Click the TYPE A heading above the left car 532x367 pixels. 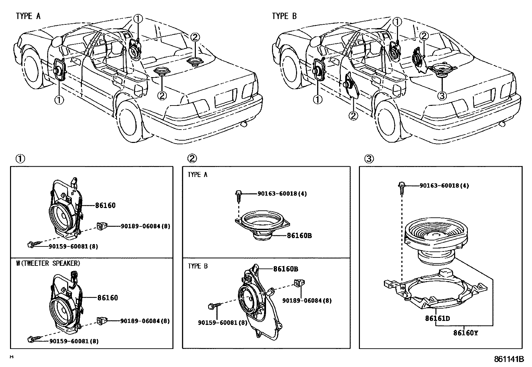pos(28,16)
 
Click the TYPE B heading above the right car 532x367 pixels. pos(284,16)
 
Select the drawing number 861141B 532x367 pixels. pos(509,360)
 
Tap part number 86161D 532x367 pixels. pos(437,318)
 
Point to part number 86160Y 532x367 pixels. pos(465,333)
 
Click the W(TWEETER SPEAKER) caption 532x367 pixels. pos(48,263)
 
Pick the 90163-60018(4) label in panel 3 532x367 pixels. pos(444,186)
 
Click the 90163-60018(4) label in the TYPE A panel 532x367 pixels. pos(282,194)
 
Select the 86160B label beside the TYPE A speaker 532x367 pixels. pos(299,235)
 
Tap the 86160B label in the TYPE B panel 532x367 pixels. pos(286,269)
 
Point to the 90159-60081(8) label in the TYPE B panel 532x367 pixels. pos(223,323)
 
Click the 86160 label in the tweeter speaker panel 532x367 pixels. pos(108,298)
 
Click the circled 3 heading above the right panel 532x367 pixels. pos(369,159)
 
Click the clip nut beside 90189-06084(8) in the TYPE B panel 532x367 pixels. pos(296,283)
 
